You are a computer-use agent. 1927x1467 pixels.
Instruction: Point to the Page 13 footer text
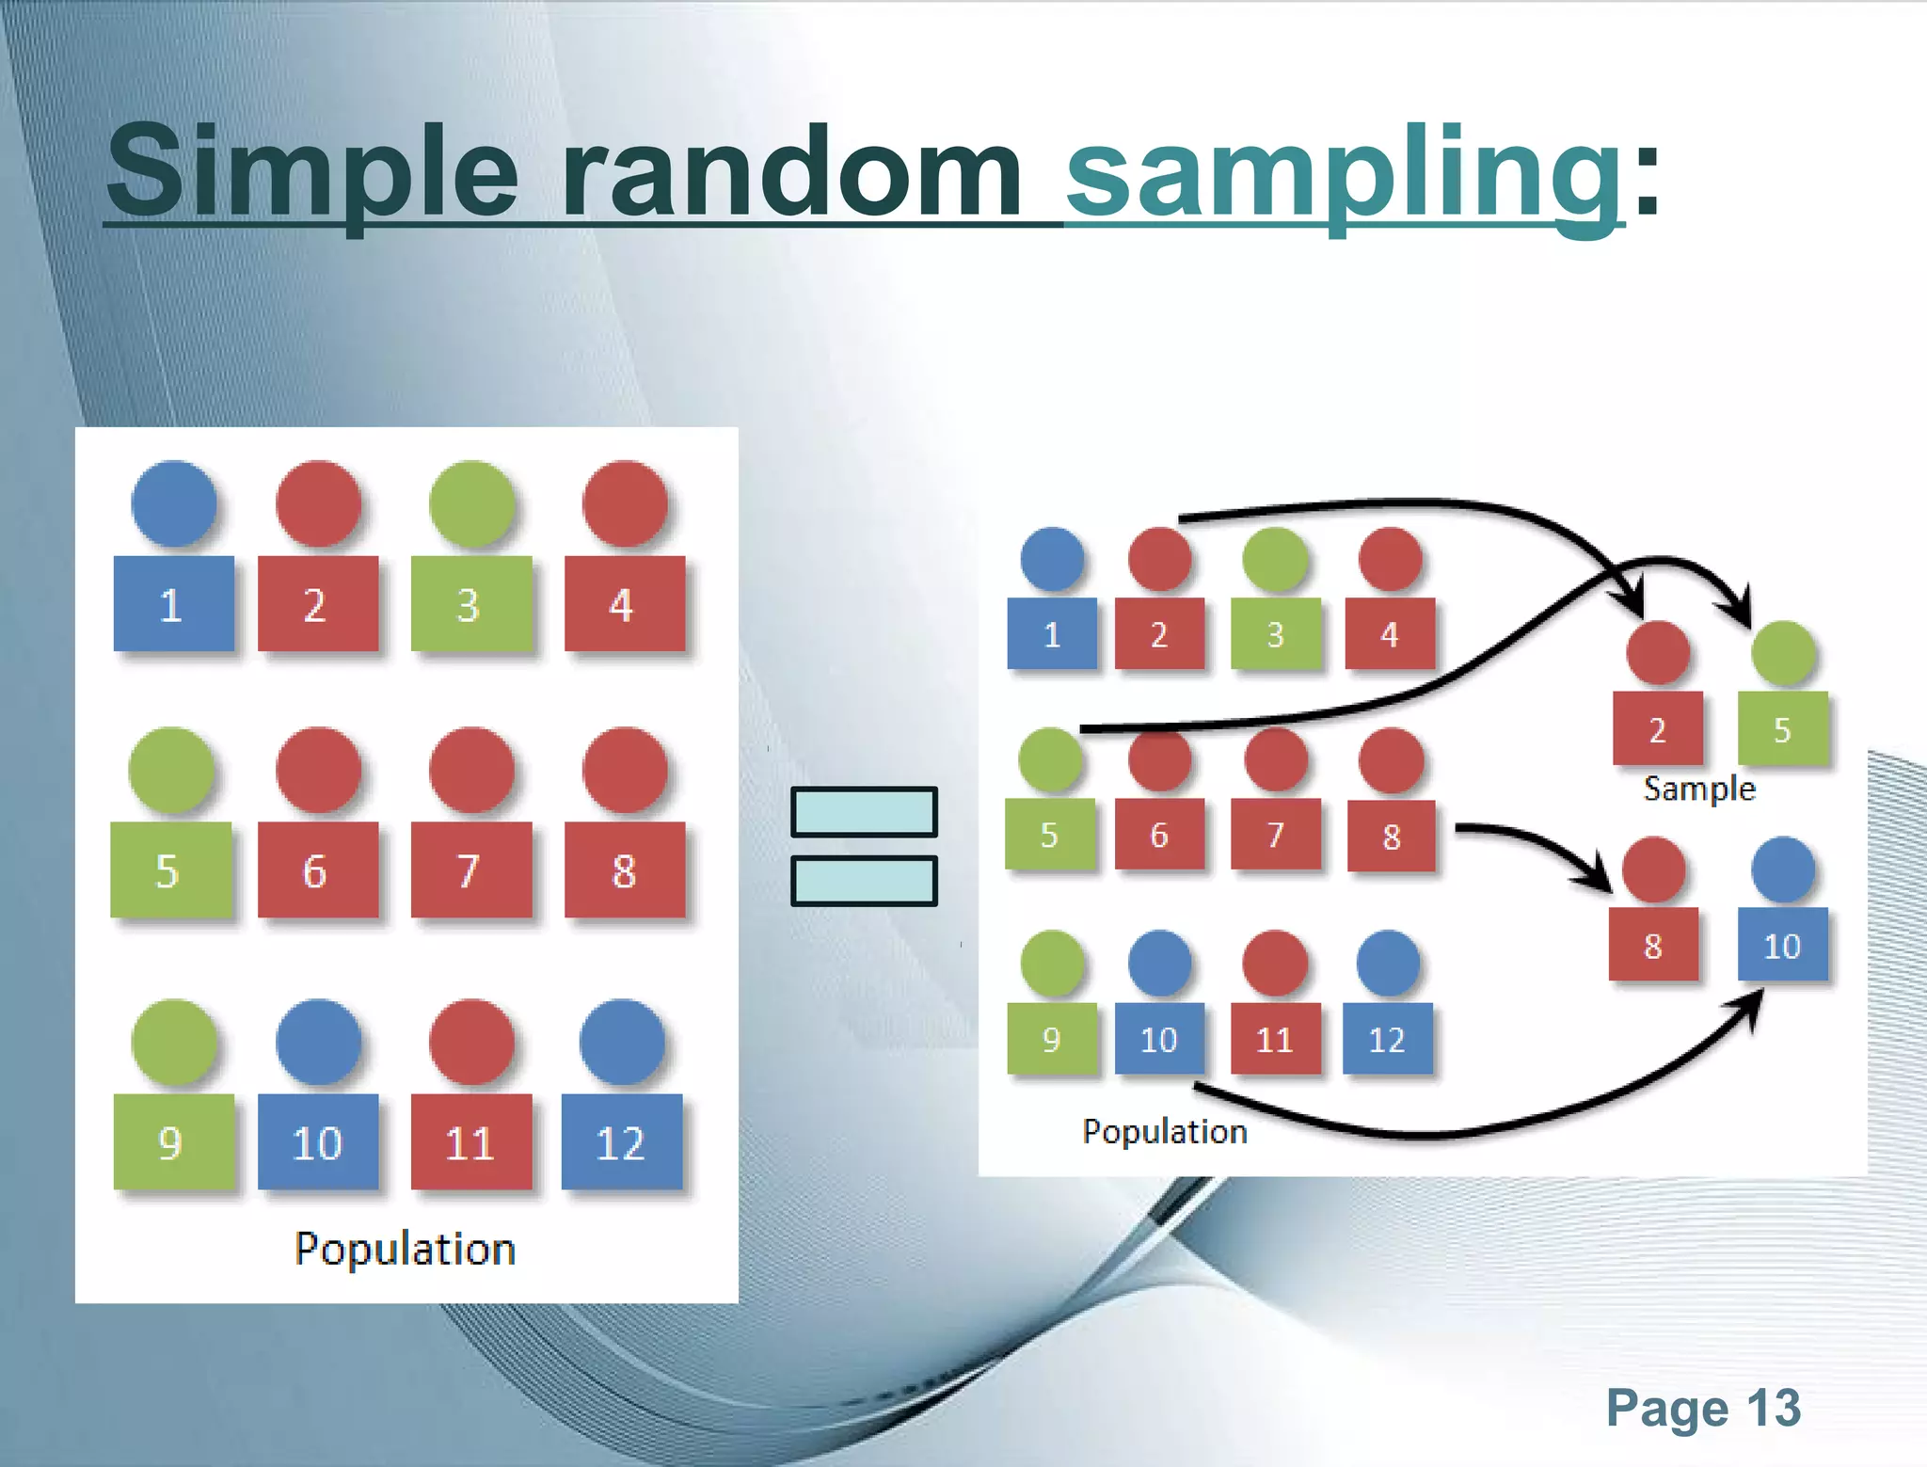click(x=1703, y=1409)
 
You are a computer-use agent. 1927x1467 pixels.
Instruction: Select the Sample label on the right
click(x=1699, y=789)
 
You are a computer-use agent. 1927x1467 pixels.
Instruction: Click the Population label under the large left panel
click(x=405, y=1249)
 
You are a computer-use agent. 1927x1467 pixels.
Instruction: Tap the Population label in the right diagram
click(x=1165, y=1131)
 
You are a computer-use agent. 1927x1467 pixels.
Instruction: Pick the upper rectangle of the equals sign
click(x=864, y=811)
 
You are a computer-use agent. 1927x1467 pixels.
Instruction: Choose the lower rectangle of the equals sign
click(x=864, y=881)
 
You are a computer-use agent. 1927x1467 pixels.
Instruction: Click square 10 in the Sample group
click(x=1782, y=945)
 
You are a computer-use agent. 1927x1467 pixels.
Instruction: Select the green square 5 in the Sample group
click(x=1782, y=729)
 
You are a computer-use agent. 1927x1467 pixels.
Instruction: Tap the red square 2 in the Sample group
click(x=1657, y=729)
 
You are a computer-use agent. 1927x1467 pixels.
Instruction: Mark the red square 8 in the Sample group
click(x=1653, y=945)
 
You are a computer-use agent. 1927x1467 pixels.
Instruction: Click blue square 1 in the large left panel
click(x=173, y=604)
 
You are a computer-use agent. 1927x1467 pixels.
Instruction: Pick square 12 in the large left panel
click(x=621, y=1142)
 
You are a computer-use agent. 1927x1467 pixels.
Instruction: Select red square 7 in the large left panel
click(x=470, y=870)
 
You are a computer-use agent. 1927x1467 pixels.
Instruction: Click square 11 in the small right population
click(x=1275, y=1039)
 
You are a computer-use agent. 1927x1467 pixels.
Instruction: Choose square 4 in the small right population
click(x=1390, y=634)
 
